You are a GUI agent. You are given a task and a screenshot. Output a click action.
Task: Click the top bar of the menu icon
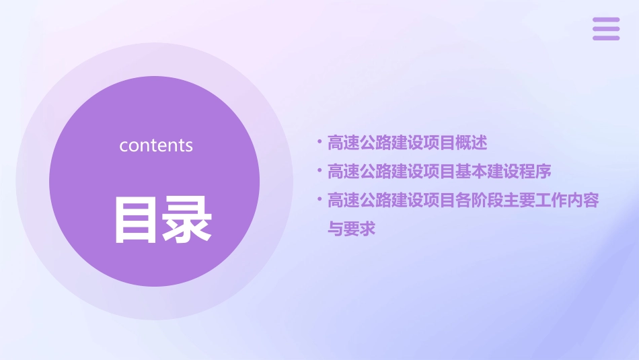pyautogui.click(x=605, y=20)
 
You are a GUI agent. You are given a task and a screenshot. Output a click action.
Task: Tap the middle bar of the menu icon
pyautogui.click(x=605, y=29)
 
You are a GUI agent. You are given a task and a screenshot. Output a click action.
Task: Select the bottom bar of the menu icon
pyautogui.click(x=605, y=38)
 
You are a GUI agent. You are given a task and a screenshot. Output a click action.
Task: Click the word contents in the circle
pyautogui.click(x=156, y=145)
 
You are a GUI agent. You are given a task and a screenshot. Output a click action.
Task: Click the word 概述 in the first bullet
pyautogui.click(x=472, y=143)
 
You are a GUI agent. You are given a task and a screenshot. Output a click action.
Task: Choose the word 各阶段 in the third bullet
pyautogui.click(x=480, y=201)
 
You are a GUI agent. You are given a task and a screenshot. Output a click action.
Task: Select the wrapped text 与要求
pyautogui.click(x=351, y=229)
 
